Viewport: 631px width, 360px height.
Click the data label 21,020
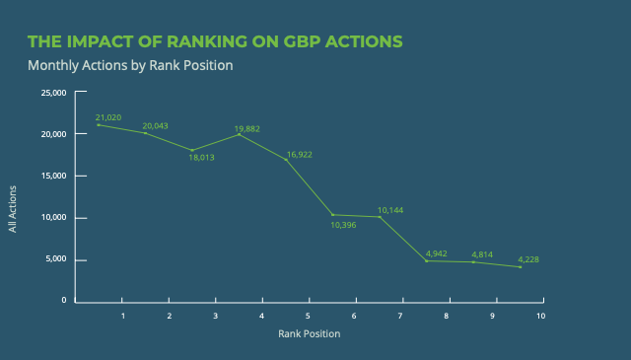[108, 117]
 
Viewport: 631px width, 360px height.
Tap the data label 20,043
[156, 126]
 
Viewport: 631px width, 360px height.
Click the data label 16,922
[299, 154]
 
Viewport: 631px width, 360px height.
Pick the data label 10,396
[345, 225]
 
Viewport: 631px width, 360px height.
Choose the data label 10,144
[391, 210]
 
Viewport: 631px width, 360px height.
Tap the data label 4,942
[438, 253]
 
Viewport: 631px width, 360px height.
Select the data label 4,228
[528, 260]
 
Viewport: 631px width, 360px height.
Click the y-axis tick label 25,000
[53, 93]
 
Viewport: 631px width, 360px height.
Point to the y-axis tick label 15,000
[53, 176]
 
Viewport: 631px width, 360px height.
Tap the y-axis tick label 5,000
[56, 260]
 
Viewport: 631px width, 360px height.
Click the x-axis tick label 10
[540, 316]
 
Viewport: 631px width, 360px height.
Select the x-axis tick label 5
[309, 316]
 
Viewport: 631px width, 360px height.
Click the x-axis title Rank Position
[309, 333]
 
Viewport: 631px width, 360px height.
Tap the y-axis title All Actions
[14, 210]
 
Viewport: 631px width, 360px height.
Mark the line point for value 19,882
[240, 134]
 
